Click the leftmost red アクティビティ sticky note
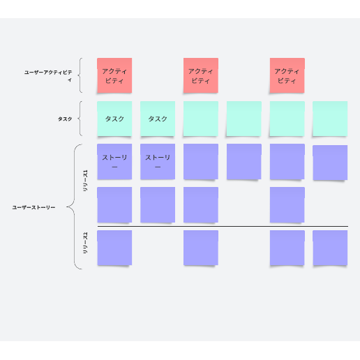pyautogui.click(x=114, y=75)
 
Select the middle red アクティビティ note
pyautogui.click(x=201, y=75)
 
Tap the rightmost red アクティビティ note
pyautogui.click(x=287, y=75)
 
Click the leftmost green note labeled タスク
pyautogui.click(x=114, y=119)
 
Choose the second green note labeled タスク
pyautogui.click(x=158, y=119)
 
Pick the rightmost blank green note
pyautogui.click(x=330, y=119)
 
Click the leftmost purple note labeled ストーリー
pyautogui.click(x=114, y=162)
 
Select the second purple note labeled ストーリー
pyautogui.click(x=158, y=162)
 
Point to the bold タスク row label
pyautogui.click(x=65, y=119)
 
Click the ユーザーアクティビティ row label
pyautogui.click(x=48, y=76)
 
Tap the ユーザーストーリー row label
pyautogui.click(x=33, y=207)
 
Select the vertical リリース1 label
pyautogui.click(x=85, y=181)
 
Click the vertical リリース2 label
pyautogui.click(x=85, y=243)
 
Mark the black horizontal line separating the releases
pyautogui.click(x=223, y=226)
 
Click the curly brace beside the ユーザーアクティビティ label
pyautogui.click(x=79, y=75)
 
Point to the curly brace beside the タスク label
pyautogui.click(x=79, y=119)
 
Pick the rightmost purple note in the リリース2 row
pyautogui.click(x=330, y=248)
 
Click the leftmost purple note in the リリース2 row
pyautogui.click(x=114, y=248)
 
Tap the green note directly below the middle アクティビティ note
pyautogui.click(x=201, y=119)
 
